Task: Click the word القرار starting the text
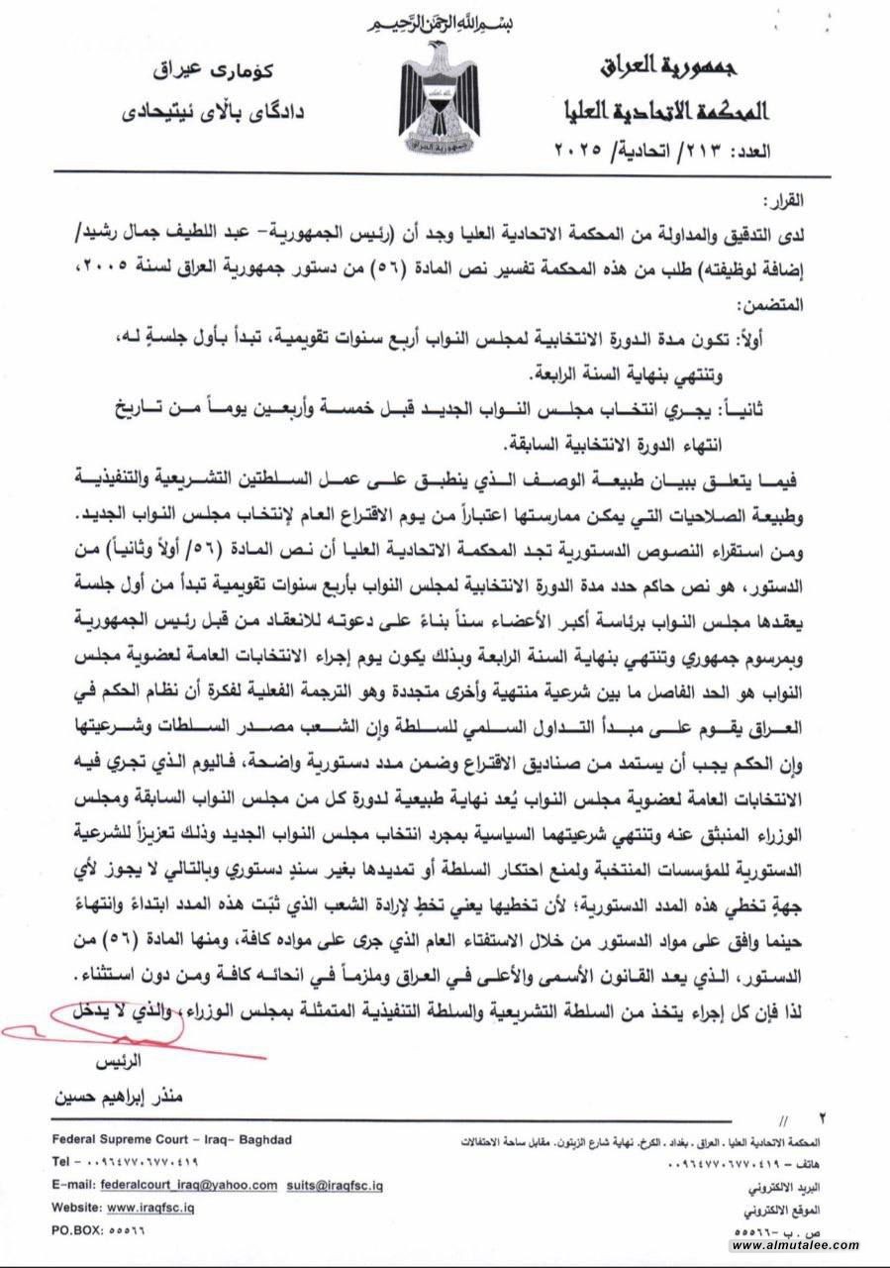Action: (837, 198)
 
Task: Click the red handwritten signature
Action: (94, 1031)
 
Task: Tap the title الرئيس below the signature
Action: (120, 1060)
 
